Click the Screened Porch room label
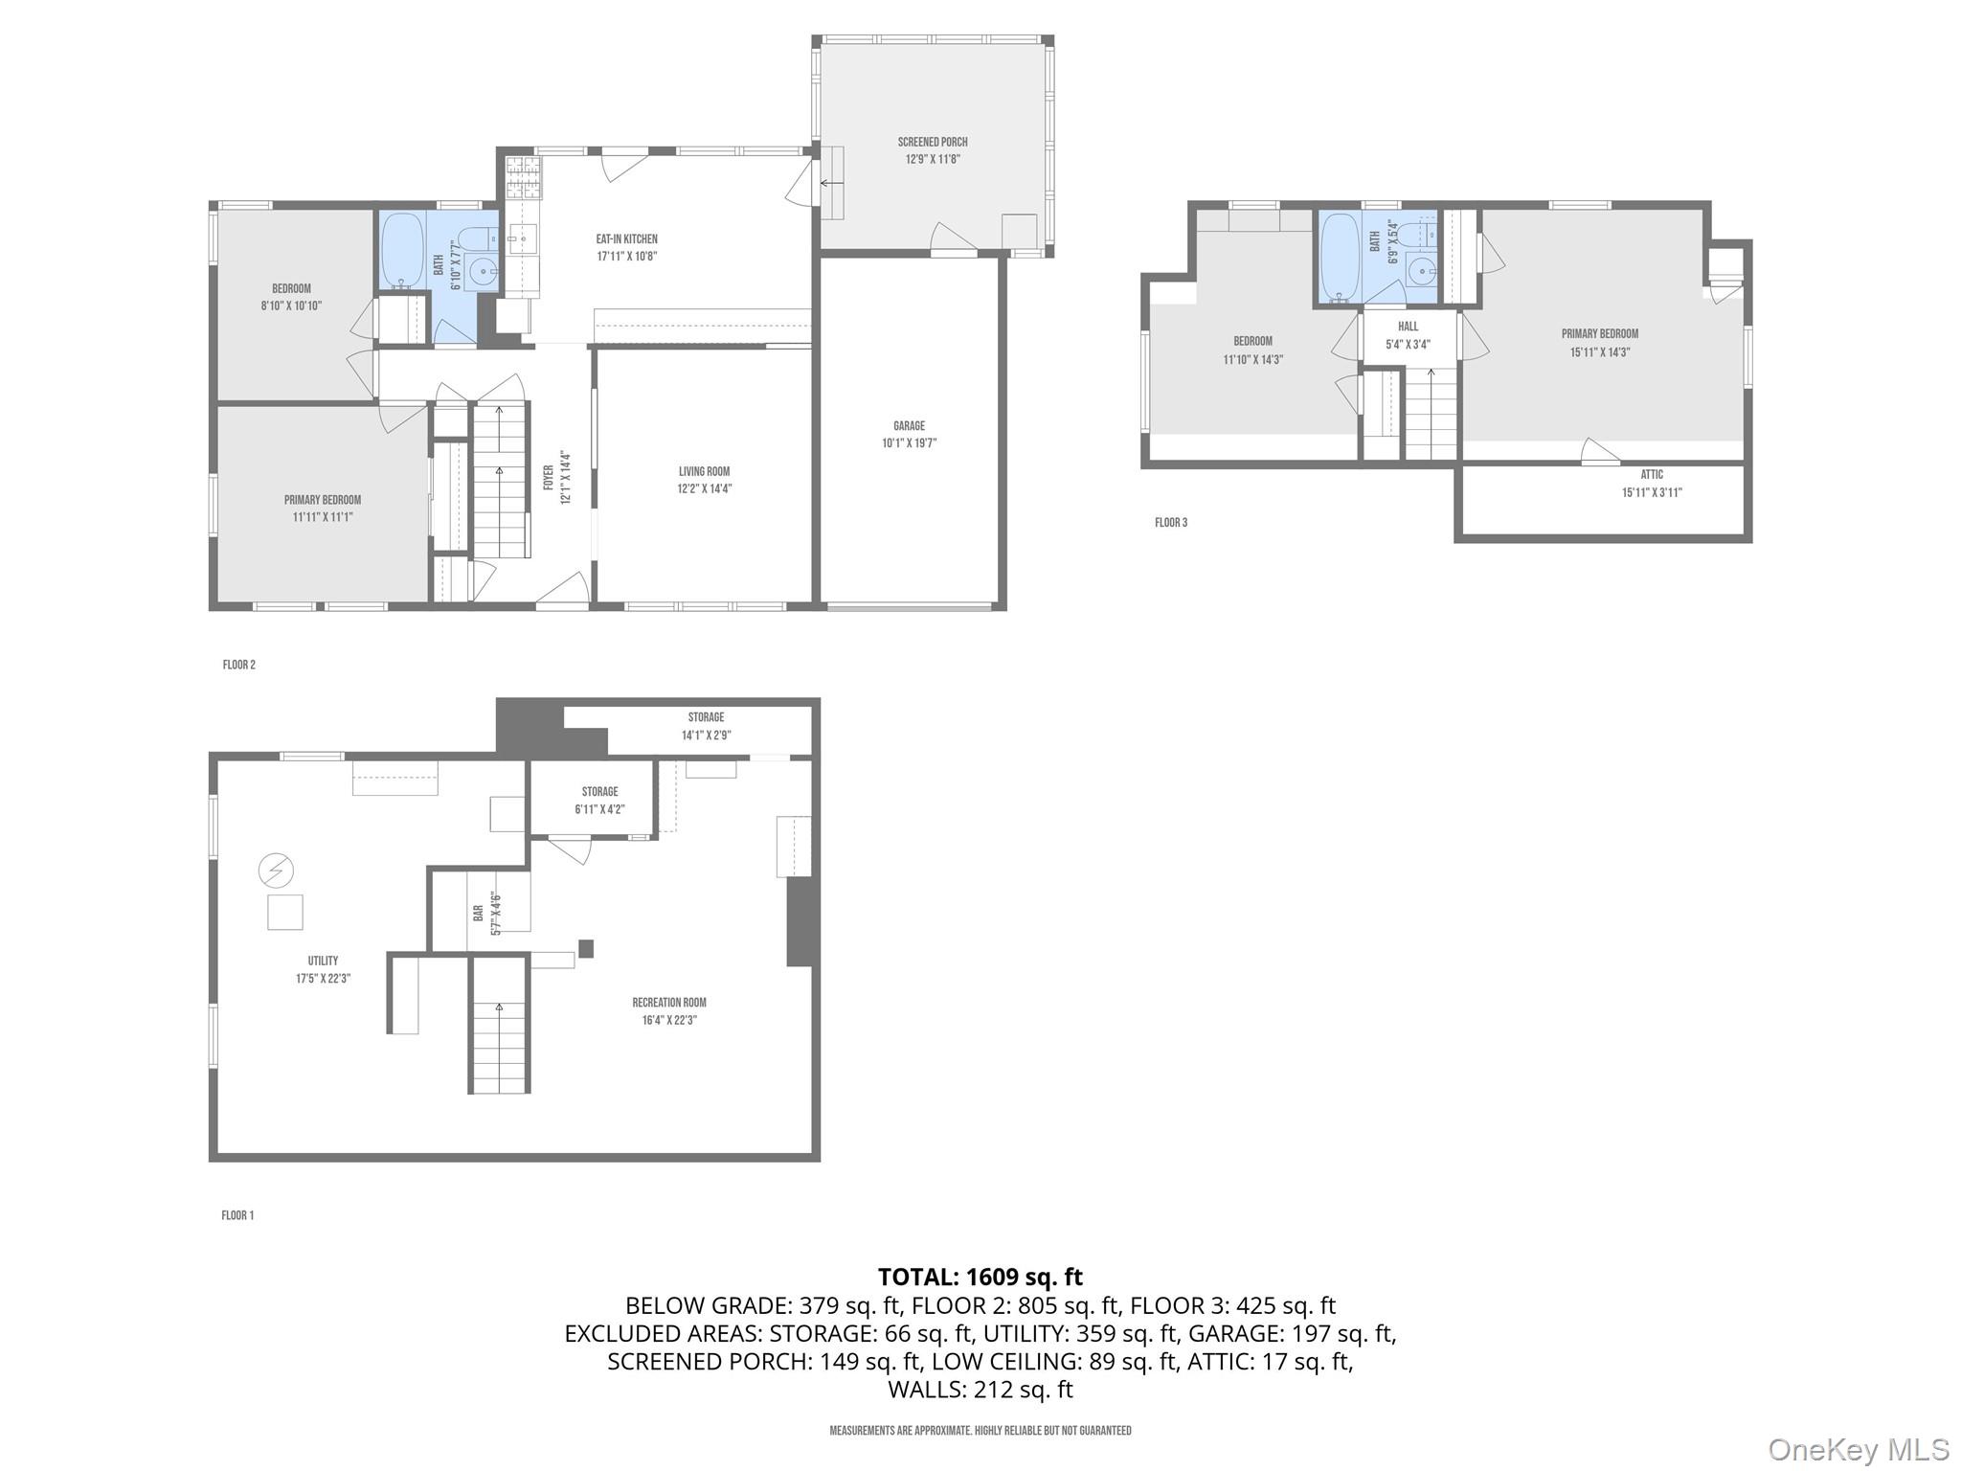coord(932,142)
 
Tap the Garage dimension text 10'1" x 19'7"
coord(909,443)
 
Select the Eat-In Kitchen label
coord(626,238)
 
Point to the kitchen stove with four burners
coord(523,176)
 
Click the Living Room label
coord(704,471)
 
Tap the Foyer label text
coord(549,478)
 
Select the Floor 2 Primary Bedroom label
coord(322,500)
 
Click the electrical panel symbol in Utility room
coord(276,871)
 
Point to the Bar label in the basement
coord(478,914)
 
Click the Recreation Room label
coord(668,1003)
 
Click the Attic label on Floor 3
coord(1652,475)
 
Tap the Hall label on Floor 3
coord(1408,327)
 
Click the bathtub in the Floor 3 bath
coord(1339,256)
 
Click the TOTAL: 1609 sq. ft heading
coord(980,1277)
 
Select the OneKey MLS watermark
coord(1858,1449)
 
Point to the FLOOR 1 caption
coord(237,1215)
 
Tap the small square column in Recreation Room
coord(586,948)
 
